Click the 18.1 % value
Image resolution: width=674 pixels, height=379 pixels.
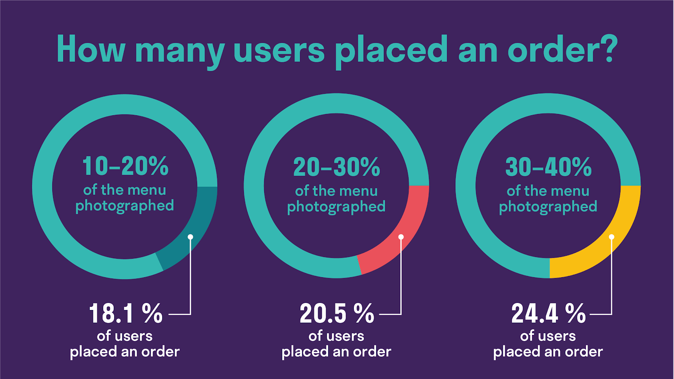(126, 314)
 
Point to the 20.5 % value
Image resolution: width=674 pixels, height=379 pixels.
(337, 314)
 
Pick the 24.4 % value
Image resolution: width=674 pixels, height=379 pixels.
(548, 314)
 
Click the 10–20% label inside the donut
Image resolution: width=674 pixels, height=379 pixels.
(125, 166)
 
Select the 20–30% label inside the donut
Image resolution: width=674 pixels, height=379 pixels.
(337, 167)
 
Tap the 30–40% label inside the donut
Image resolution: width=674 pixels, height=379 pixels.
(548, 167)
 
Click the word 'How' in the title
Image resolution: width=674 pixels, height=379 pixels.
(91, 50)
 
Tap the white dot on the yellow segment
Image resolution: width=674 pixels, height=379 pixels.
(612, 237)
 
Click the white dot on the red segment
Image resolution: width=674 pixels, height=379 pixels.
(401, 237)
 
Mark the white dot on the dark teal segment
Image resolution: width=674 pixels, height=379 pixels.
(190, 237)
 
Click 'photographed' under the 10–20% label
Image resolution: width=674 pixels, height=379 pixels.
(125, 206)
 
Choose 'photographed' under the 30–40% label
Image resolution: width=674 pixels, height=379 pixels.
(548, 207)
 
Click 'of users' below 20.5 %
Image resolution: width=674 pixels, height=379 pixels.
(336, 336)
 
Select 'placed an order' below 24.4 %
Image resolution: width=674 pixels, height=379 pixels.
(548, 352)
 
